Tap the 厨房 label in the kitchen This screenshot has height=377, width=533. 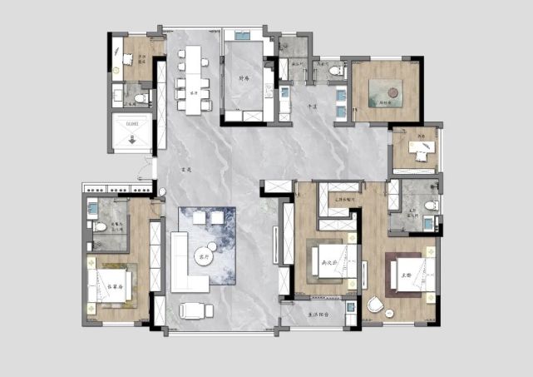[244, 78]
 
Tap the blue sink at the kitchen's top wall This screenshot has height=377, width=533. [241, 36]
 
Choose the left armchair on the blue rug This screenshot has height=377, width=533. [200, 217]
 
